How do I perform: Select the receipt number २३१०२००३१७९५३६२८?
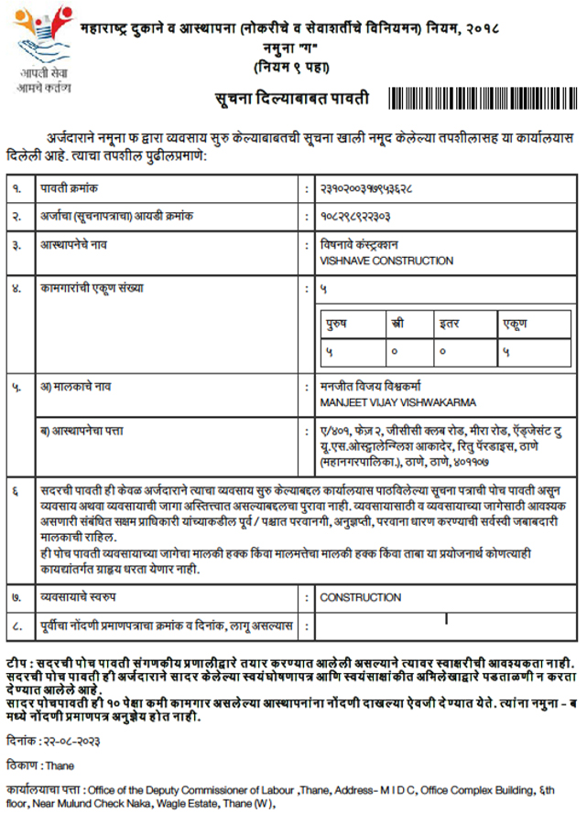coord(366,188)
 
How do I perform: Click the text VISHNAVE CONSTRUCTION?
coord(386,261)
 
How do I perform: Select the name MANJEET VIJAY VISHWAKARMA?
coord(397,402)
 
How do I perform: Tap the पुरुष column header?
coord(342,324)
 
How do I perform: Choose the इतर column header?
coord(449,324)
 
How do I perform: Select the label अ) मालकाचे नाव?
coord(75,387)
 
